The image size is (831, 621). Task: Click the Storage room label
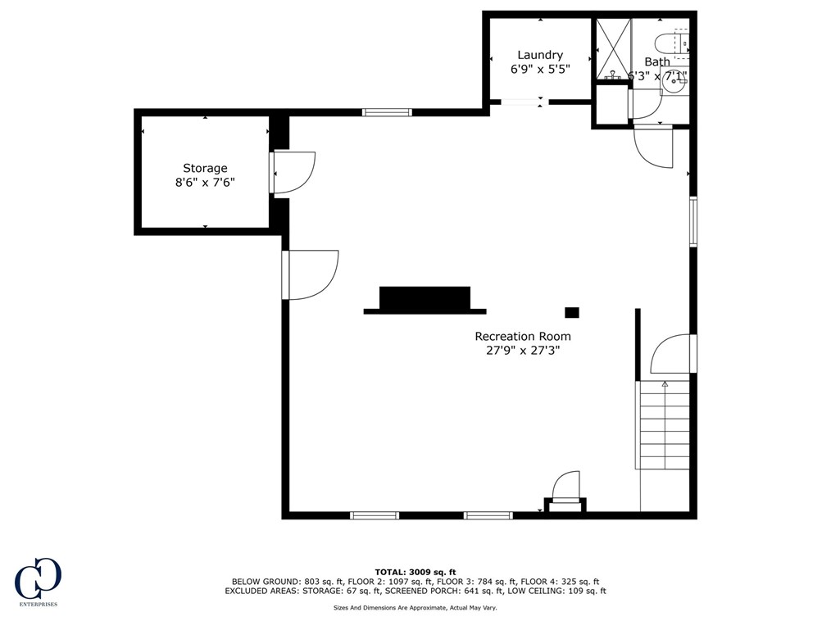(205, 168)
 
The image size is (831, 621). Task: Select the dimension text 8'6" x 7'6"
(205, 183)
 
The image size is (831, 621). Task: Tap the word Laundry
(540, 55)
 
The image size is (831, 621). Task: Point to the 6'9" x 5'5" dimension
(540, 70)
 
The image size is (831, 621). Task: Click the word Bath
(656, 61)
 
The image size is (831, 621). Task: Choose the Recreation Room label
(523, 336)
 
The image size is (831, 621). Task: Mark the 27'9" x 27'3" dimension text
(523, 351)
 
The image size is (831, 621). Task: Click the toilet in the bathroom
(674, 41)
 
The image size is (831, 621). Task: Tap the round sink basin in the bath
(674, 84)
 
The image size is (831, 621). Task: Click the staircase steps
(664, 426)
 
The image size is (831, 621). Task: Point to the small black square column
(572, 312)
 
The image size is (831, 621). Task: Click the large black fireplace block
(425, 299)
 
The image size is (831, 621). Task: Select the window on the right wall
(692, 221)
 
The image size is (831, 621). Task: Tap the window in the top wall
(387, 112)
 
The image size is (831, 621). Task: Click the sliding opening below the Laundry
(521, 102)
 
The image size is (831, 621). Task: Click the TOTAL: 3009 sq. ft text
(415, 572)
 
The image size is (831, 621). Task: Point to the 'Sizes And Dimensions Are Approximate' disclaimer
(415, 608)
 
